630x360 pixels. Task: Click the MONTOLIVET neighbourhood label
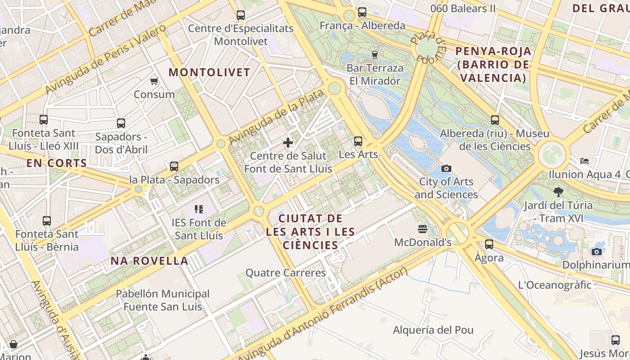click(209, 72)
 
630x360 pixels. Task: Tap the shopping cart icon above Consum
click(154, 81)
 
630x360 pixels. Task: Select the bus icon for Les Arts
click(358, 141)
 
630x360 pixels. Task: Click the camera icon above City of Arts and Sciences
click(446, 168)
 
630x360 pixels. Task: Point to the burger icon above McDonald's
click(422, 229)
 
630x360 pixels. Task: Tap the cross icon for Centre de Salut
click(288, 143)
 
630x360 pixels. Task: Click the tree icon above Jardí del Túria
click(558, 192)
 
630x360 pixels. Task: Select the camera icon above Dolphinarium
click(597, 252)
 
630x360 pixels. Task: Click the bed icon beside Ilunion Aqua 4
click(584, 161)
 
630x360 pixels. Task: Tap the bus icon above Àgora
click(489, 244)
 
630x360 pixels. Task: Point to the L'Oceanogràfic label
click(554, 285)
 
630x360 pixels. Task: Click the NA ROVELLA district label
click(149, 261)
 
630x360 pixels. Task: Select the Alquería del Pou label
click(433, 330)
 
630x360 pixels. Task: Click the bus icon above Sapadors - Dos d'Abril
click(121, 123)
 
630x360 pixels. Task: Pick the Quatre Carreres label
click(285, 273)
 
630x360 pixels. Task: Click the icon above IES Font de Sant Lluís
click(198, 209)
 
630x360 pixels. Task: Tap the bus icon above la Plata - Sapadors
click(174, 166)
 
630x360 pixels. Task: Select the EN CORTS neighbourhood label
click(56, 163)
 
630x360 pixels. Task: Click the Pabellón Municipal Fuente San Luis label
click(162, 300)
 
